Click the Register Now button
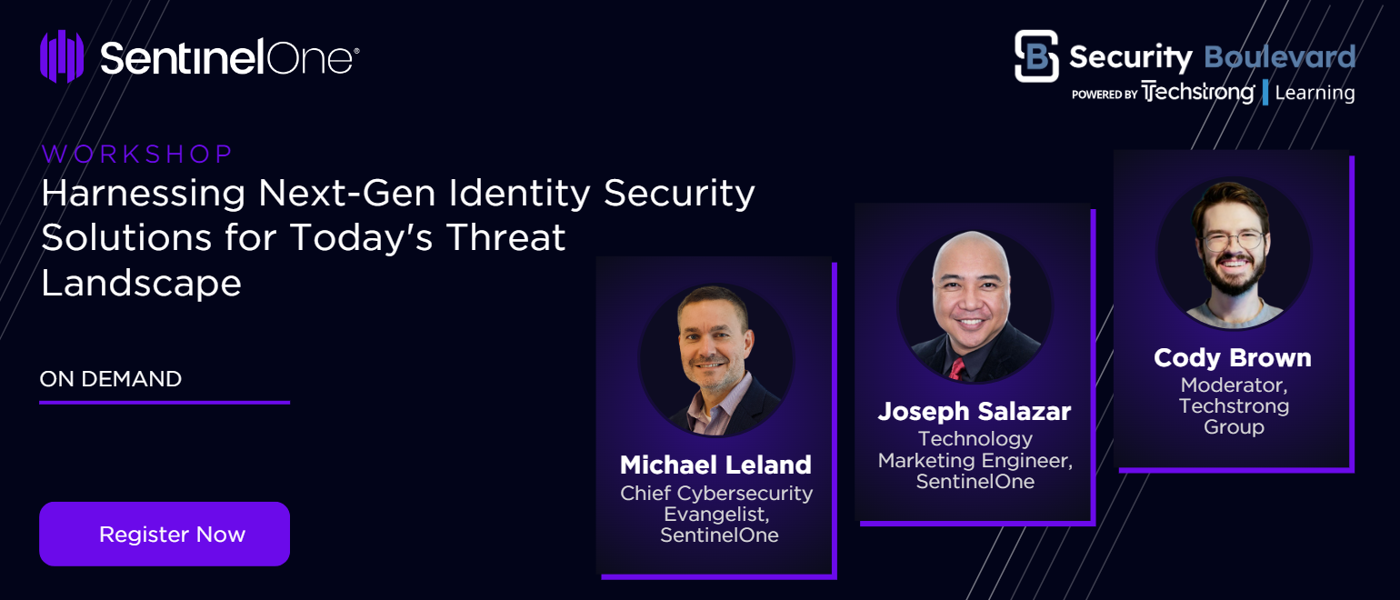[x=165, y=534]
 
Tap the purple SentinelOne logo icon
[x=62, y=56]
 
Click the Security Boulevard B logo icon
[x=1036, y=56]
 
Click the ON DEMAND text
[x=111, y=379]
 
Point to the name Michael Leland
[x=715, y=465]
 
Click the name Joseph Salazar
[x=975, y=411]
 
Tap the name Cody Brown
[x=1233, y=357]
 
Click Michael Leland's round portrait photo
[x=716, y=360]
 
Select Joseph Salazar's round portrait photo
[x=975, y=306]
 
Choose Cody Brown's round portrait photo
[x=1234, y=253]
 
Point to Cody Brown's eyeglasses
[x=1233, y=240]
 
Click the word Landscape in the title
[x=141, y=283]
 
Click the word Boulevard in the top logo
[x=1279, y=57]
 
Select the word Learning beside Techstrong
[x=1315, y=93]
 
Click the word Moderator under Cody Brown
[x=1234, y=385]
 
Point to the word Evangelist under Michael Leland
[x=716, y=515]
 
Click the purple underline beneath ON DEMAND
[x=165, y=403]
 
